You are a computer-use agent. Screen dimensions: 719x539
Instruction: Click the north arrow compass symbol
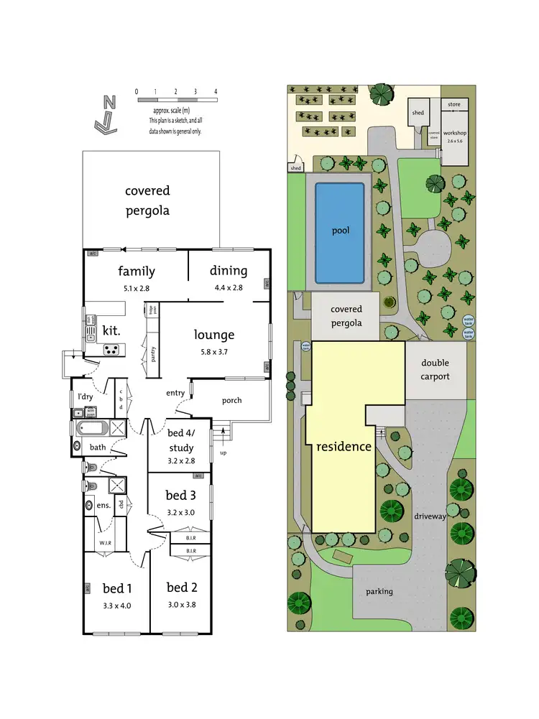click(x=106, y=115)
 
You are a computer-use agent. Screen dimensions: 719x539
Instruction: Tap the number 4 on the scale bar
click(x=216, y=91)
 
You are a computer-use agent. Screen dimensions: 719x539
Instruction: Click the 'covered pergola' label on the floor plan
click(x=147, y=200)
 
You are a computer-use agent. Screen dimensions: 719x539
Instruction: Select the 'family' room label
click(x=137, y=271)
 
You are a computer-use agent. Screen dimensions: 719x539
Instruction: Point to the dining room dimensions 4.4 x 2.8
click(x=229, y=287)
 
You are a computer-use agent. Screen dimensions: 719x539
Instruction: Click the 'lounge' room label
click(x=214, y=334)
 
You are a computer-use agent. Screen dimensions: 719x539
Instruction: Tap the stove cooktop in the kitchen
click(x=113, y=350)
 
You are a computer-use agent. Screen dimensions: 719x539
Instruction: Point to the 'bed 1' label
click(x=116, y=588)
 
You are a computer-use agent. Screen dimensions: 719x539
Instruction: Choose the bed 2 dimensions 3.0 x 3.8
click(x=181, y=605)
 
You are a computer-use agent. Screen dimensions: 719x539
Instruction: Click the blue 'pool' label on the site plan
click(x=340, y=231)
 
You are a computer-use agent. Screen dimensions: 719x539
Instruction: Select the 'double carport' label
click(x=435, y=369)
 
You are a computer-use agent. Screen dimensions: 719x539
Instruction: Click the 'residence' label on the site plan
click(x=344, y=446)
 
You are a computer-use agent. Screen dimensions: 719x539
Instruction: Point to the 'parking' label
click(x=379, y=591)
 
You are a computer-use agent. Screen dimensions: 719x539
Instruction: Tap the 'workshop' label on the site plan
click(x=455, y=134)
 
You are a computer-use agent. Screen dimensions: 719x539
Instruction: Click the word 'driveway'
click(x=430, y=516)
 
